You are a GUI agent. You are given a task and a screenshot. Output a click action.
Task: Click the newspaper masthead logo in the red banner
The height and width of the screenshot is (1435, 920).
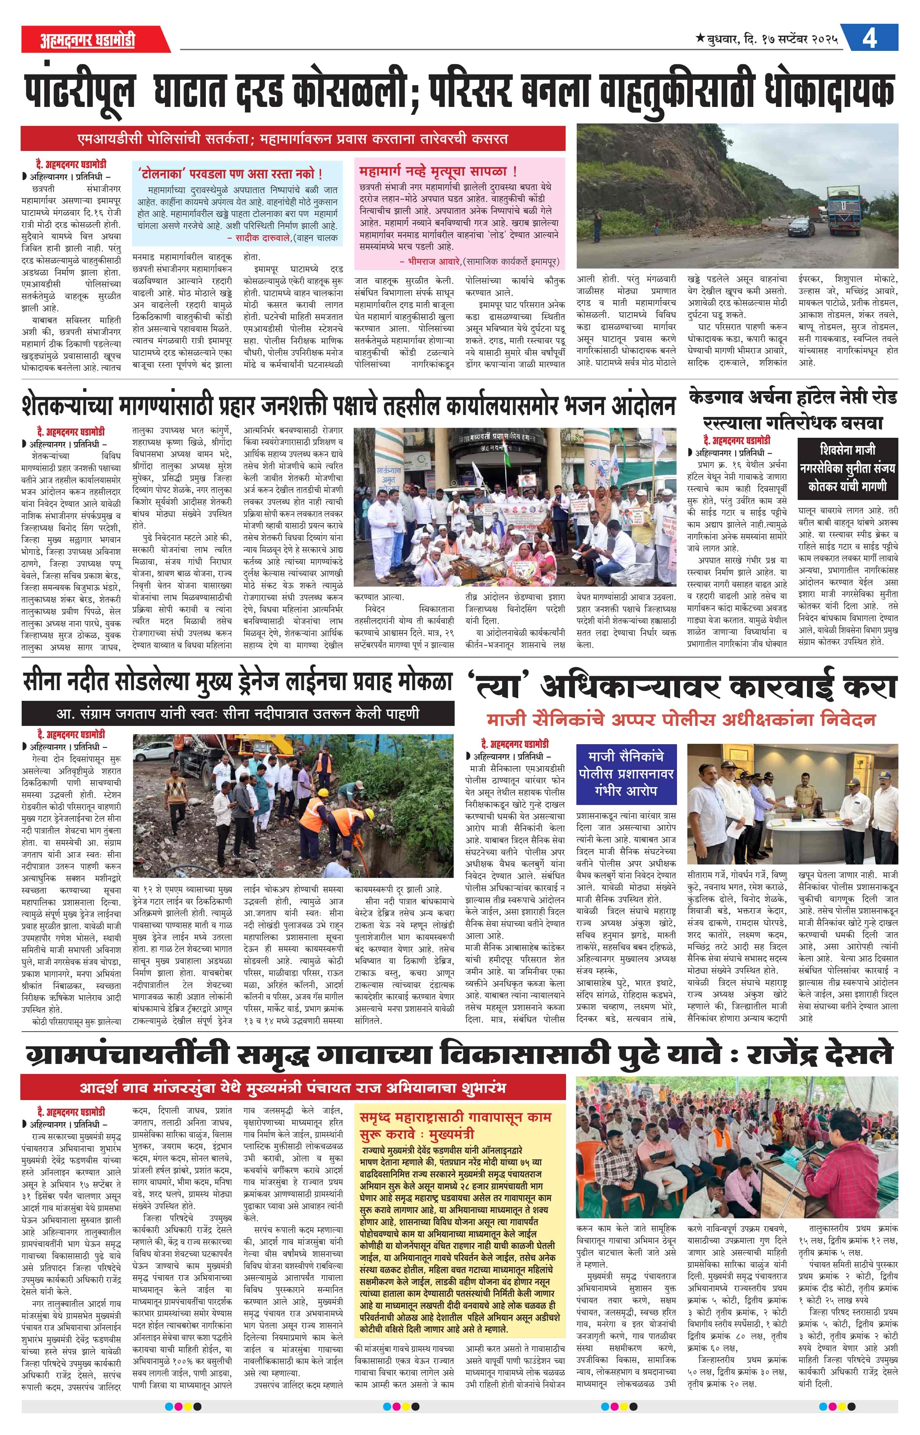[x=87, y=40]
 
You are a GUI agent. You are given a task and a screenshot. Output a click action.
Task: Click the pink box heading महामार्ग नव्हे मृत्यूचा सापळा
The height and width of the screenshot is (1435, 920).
[x=438, y=172]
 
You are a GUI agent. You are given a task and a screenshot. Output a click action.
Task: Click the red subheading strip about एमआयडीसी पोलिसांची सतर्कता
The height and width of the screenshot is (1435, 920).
[x=293, y=139]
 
